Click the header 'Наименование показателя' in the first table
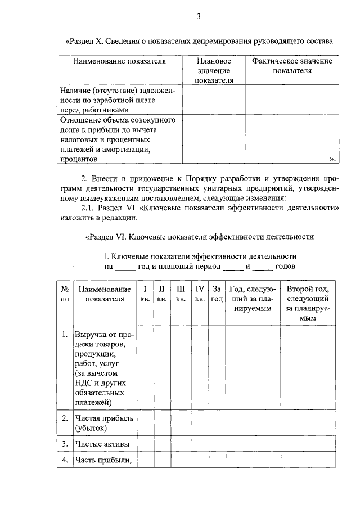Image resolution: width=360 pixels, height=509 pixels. pos(119,61)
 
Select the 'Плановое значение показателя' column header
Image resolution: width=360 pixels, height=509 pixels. pos(214,70)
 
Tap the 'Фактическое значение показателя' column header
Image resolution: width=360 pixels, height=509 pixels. pos(292,66)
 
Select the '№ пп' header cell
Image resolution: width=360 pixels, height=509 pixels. pos(64,294)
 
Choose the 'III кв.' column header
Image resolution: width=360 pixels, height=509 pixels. pos(181,294)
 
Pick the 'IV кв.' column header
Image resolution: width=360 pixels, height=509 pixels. pos(199,294)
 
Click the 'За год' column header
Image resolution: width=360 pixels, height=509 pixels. pos(217,294)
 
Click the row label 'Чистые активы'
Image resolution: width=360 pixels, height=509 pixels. pos(102,444)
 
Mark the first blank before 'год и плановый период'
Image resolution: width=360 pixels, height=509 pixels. pos(125,265)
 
